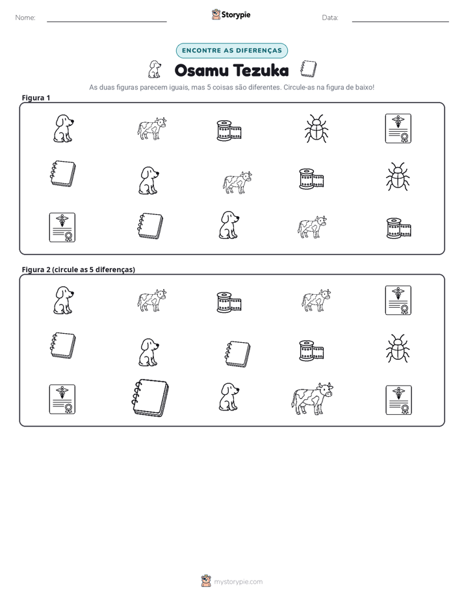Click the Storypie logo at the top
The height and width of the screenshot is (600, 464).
click(231, 14)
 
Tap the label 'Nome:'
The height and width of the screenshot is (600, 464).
click(25, 18)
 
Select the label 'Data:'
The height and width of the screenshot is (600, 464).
click(330, 18)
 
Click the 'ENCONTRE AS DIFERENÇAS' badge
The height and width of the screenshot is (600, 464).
click(231, 51)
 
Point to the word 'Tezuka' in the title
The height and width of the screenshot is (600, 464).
click(261, 70)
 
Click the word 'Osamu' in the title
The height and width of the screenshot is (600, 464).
click(201, 70)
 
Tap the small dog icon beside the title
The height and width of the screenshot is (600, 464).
click(154, 69)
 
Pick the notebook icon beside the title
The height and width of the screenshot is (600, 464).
click(308, 69)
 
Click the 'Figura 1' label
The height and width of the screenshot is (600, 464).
click(36, 97)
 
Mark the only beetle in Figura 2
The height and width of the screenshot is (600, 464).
click(398, 348)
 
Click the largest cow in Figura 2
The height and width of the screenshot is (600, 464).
click(312, 399)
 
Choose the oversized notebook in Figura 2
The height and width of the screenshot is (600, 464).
click(150, 398)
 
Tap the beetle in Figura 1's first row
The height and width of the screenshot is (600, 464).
click(316, 129)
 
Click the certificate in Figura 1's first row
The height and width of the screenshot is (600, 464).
click(398, 129)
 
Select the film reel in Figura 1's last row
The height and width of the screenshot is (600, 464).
click(398, 228)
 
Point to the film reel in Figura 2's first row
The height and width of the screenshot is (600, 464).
click(229, 303)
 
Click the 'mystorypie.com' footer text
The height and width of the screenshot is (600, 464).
click(238, 582)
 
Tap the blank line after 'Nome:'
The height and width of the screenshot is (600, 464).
click(107, 21)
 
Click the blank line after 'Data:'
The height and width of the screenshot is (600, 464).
click(400, 21)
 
